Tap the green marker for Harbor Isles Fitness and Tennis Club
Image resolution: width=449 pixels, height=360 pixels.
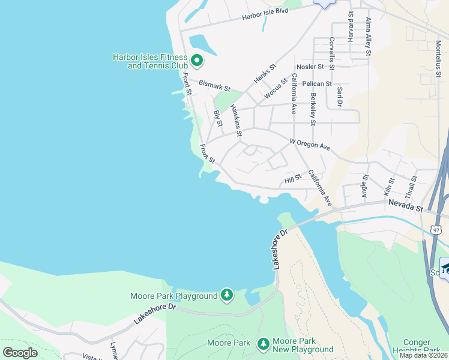tap(197, 60)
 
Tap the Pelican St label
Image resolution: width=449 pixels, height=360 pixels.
tap(317, 84)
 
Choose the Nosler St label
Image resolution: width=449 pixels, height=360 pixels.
tap(309, 67)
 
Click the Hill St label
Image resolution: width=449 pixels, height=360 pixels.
tap(293, 179)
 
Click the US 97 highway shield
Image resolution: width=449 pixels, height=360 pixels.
tap(436, 230)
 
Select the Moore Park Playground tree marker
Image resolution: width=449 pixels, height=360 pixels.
tap(227, 295)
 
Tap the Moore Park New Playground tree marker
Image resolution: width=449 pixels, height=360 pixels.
tap(263, 344)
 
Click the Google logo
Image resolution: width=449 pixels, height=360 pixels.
tap(20, 352)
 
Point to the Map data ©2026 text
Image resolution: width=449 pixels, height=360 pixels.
tap(423, 355)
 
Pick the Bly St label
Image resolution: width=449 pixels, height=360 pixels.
tap(218, 119)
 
